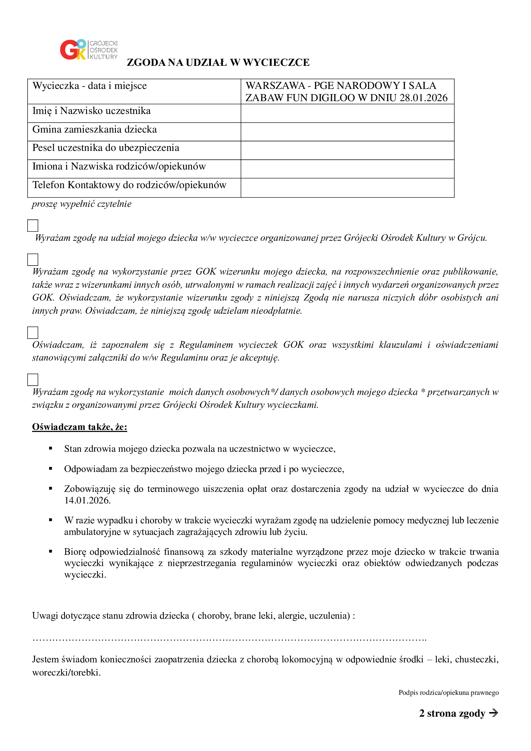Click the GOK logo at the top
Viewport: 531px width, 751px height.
pyautogui.click(x=88, y=50)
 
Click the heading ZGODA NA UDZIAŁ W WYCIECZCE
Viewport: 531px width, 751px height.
pyautogui.click(x=218, y=63)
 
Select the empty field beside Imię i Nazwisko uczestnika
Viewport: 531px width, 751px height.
pyautogui.click(x=347, y=113)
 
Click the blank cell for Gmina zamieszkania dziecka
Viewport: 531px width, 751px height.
pyautogui.click(x=347, y=132)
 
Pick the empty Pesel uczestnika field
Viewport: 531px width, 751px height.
pyautogui.click(x=347, y=151)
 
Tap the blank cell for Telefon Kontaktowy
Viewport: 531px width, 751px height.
pyautogui.click(x=347, y=188)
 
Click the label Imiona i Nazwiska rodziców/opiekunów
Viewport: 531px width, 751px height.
pyautogui.click(x=119, y=167)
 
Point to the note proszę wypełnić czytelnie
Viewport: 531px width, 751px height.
pyautogui.click(x=82, y=204)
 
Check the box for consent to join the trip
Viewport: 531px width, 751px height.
pyautogui.click(x=33, y=226)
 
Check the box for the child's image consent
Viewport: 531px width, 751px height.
pyautogui.click(x=33, y=260)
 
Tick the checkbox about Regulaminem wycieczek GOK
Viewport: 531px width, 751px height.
pyautogui.click(x=33, y=333)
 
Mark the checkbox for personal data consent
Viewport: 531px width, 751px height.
pyautogui.click(x=33, y=380)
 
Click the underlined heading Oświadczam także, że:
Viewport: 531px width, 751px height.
pyautogui.click(x=79, y=427)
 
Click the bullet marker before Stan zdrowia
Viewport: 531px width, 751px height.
pyautogui.click(x=51, y=449)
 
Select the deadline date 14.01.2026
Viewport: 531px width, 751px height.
pyautogui.click(x=87, y=501)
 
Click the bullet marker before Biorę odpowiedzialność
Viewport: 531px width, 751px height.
pyautogui.click(x=51, y=552)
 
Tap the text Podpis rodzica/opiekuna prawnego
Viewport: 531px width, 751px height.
pyautogui.click(x=448, y=693)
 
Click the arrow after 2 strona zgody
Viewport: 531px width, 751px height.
pyautogui.click(x=493, y=713)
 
